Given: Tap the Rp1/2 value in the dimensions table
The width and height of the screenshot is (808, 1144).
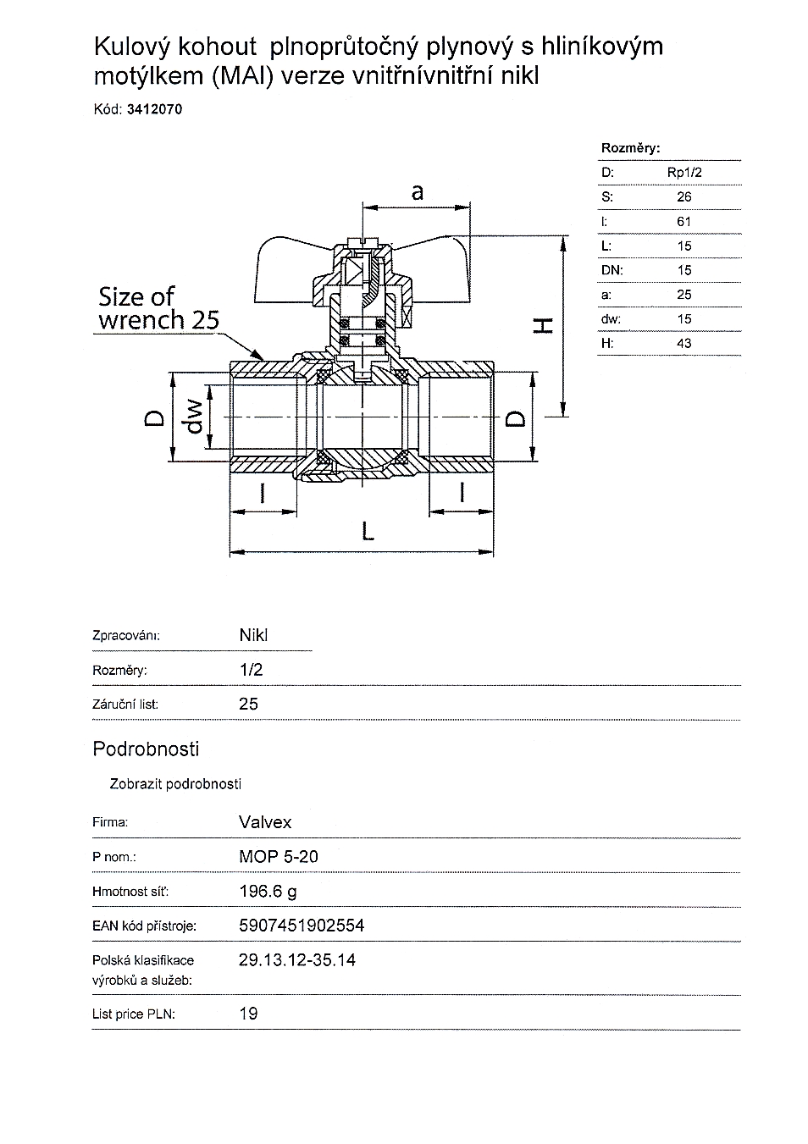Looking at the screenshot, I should coord(684,173).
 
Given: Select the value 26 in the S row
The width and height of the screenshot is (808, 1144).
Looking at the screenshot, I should coord(684,197).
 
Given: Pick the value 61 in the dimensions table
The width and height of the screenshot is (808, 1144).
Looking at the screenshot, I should coord(684,222).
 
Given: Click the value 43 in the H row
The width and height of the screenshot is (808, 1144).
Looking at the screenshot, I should coord(684,344).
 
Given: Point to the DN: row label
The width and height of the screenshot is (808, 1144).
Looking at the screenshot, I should coord(612,270).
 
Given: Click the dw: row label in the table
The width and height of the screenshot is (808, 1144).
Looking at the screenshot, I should coord(611,319).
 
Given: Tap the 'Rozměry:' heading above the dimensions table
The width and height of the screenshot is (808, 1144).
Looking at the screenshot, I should coord(630,148).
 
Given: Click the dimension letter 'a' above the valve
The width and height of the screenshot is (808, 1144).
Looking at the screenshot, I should coord(417,192).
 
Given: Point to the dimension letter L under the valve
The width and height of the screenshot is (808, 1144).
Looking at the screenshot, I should coord(367,531).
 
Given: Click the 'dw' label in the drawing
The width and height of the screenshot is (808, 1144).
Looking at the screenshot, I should coord(196,415).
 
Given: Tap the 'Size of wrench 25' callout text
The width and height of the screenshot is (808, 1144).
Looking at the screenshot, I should coord(158,308).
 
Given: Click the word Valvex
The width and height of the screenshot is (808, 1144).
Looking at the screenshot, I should coord(265,822).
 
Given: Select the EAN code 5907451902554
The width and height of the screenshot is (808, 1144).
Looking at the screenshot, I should coord(302,926).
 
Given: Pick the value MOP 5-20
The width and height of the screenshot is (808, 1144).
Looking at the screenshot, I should coord(279,857).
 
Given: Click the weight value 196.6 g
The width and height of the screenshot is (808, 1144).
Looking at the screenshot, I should coord(268,892).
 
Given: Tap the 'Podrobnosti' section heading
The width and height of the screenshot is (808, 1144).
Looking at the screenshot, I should coord(146,749).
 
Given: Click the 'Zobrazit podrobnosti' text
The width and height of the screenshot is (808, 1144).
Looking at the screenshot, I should coord(175,784).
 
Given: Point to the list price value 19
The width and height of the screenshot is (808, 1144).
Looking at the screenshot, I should coord(248,1014).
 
